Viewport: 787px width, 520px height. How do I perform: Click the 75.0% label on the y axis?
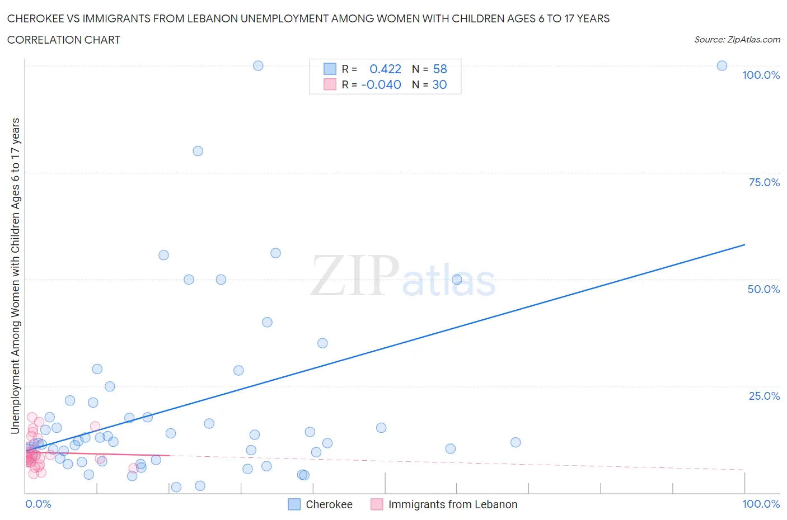[x=764, y=182]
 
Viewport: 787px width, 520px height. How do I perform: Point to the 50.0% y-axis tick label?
[x=763, y=289]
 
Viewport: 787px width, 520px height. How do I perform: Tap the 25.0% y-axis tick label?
[x=764, y=396]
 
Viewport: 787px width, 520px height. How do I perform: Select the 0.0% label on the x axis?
[x=38, y=504]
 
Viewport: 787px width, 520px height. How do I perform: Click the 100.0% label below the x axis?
[x=761, y=504]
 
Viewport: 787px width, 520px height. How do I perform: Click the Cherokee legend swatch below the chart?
[x=294, y=504]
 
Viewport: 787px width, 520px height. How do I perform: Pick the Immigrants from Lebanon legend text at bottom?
[x=452, y=504]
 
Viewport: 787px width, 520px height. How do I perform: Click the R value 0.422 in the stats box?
[x=385, y=69]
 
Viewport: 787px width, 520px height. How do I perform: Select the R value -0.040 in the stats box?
[x=381, y=84]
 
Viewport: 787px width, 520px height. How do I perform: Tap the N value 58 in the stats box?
[x=440, y=69]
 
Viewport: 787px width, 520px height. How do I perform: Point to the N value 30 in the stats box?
[x=439, y=84]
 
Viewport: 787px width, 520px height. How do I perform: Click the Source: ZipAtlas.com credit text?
[x=737, y=40]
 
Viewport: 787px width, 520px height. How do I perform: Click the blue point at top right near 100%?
[x=722, y=66]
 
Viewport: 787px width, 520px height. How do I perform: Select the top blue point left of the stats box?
[x=258, y=66]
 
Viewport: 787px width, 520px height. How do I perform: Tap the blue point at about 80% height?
[x=198, y=151]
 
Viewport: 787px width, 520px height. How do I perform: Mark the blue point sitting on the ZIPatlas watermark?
[x=457, y=280]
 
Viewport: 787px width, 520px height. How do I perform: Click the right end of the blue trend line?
[x=744, y=245]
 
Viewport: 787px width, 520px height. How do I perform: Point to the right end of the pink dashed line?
[x=744, y=470]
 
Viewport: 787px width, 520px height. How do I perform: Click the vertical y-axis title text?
[x=16, y=276]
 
